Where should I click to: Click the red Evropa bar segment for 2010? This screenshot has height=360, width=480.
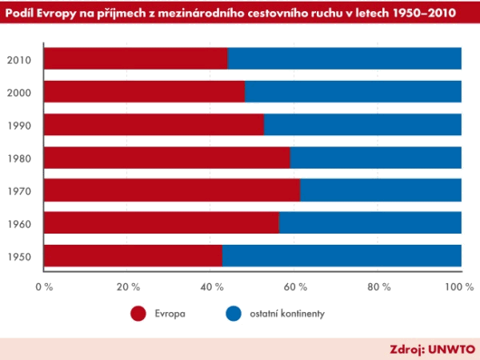[135, 59]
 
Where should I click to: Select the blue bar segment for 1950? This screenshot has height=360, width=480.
[342, 255]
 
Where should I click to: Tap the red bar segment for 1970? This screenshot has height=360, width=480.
[171, 190]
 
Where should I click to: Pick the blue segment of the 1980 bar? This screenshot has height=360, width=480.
[375, 158]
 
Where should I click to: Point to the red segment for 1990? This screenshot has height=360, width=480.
[154, 125]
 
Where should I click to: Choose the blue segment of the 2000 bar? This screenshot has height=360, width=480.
[353, 92]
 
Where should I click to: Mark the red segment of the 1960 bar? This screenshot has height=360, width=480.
[161, 222]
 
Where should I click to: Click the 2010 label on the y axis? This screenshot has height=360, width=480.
[18, 60]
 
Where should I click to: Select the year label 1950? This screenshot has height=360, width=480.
[18, 256]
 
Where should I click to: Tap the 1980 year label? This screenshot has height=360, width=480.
[18, 158]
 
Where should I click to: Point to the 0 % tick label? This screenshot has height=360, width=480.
[44, 286]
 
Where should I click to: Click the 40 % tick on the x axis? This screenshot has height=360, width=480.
[210, 286]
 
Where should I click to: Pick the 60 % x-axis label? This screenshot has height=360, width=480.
[294, 286]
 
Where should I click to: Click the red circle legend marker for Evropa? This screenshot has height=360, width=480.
[139, 314]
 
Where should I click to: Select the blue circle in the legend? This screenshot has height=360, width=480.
[234, 314]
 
